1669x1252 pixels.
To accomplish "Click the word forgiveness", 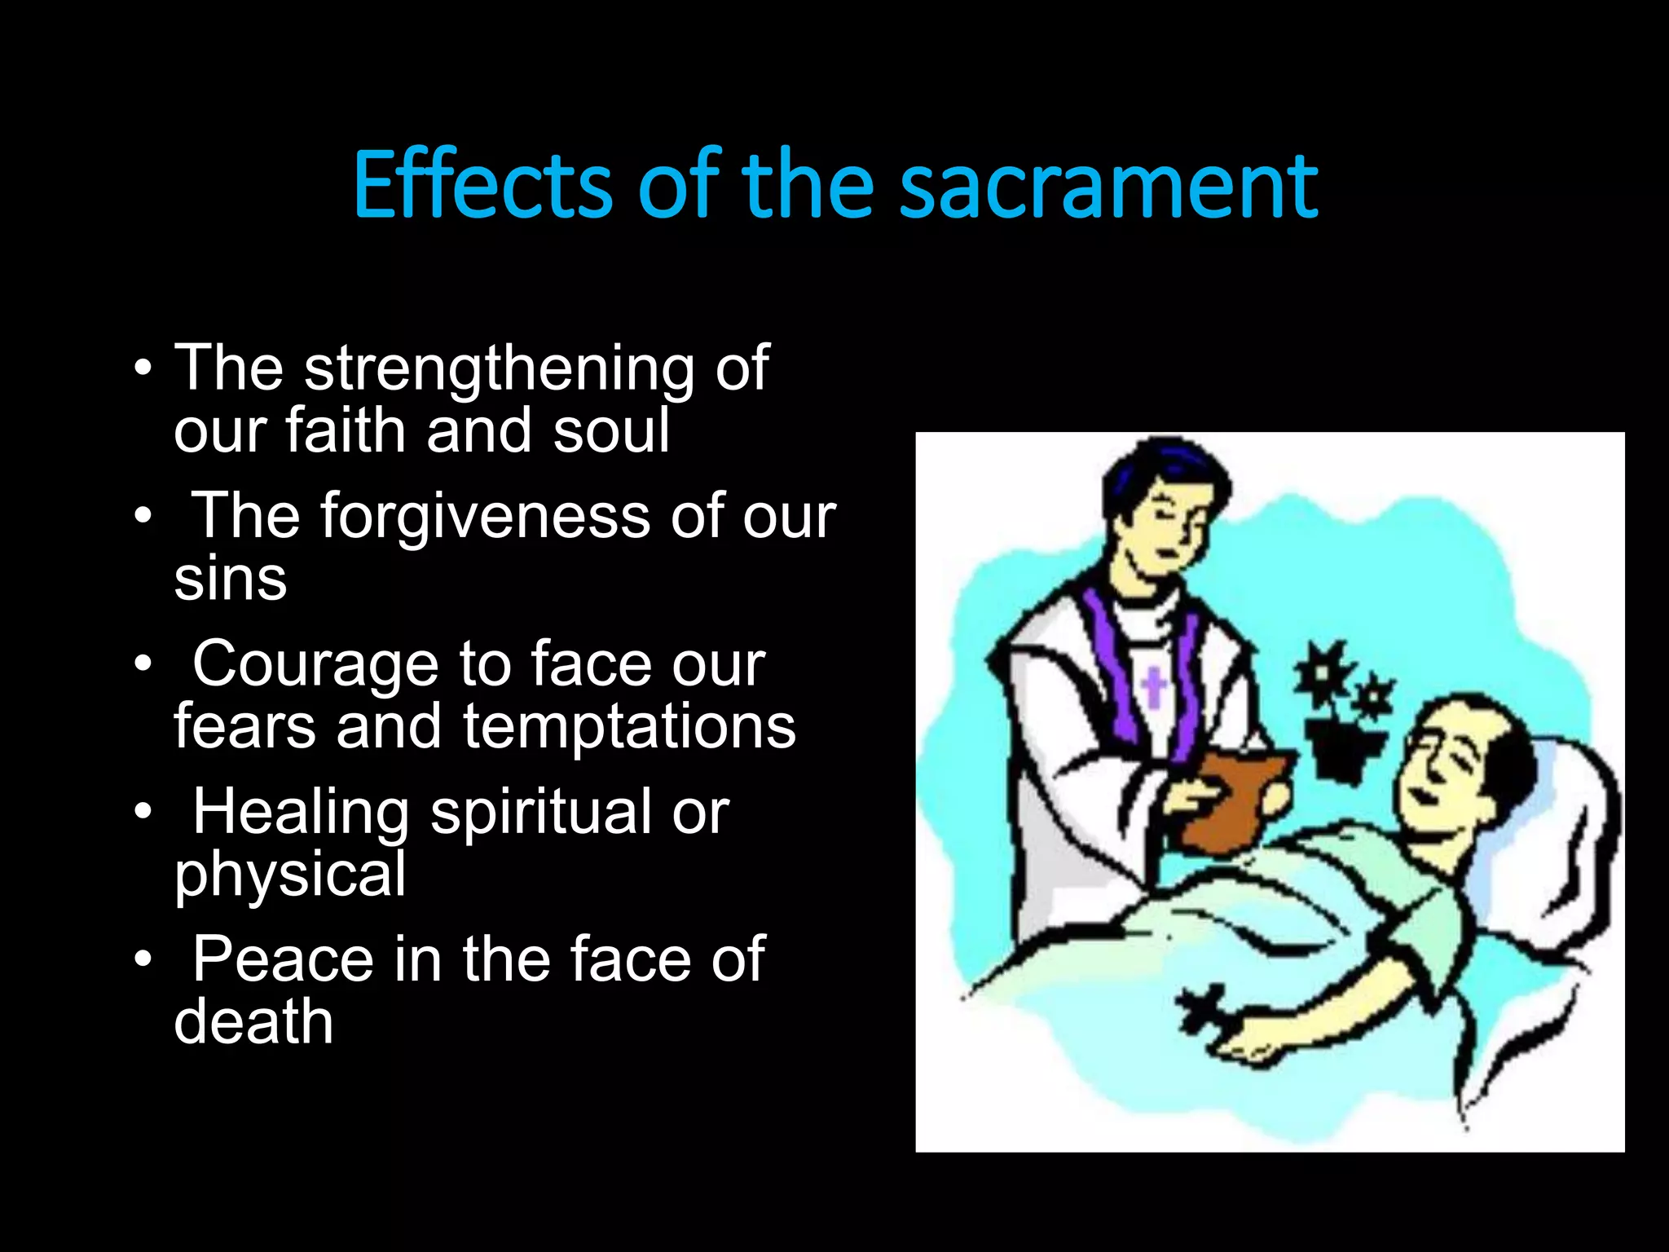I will click(x=486, y=517).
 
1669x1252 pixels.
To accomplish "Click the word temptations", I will click(x=629, y=726).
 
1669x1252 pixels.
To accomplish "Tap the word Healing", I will click(x=301, y=813).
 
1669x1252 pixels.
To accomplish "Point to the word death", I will click(x=253, y=1022).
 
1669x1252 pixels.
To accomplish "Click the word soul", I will click(x=611, y=431).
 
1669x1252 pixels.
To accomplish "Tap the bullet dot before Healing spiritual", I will click(x=143, y=813).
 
